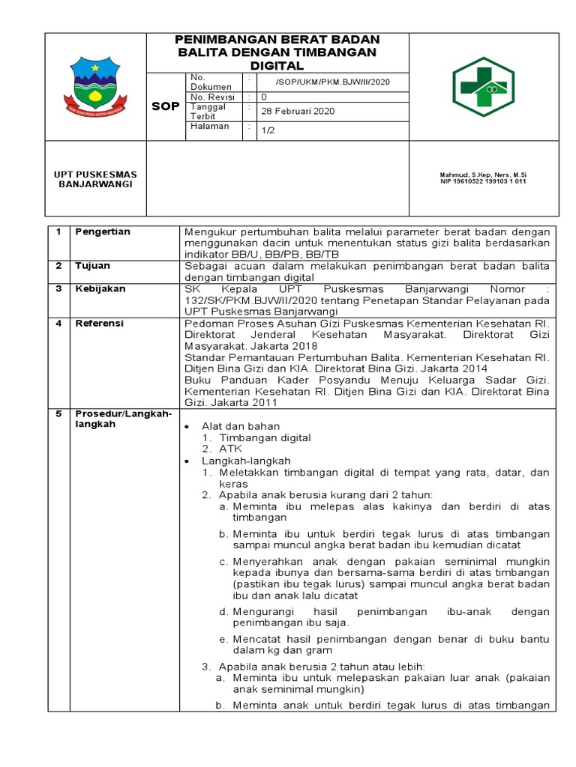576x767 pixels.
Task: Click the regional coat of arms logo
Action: pos(95,85)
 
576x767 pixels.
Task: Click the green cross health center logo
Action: pos(482,87)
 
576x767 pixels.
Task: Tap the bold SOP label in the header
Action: pos(165,106)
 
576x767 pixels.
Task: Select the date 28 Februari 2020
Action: pos(297,112)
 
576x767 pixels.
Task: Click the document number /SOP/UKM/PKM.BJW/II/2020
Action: pos(332,82)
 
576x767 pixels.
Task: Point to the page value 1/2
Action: pos(267,130)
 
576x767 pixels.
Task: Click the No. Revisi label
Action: pos(212,97)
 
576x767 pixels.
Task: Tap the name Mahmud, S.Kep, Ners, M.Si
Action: pos(482,175)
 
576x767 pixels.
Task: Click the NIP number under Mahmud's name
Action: pos(482,181)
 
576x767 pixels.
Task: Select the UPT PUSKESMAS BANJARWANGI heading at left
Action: pos(95,179)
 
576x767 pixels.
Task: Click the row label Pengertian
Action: pos(102,231)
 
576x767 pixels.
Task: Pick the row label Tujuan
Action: pos(92,266)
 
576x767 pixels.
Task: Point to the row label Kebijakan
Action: pos(100,288)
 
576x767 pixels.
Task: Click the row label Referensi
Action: pos(99,323)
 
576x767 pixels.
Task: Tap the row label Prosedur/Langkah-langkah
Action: pos(123,419)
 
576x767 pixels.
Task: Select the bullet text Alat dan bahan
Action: pos(235,425)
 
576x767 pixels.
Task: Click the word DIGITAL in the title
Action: pos(277,66)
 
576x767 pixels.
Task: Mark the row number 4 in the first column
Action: pos(58,323)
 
